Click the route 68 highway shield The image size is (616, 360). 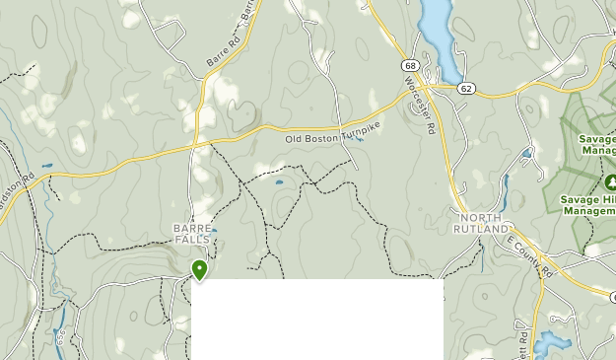tap(408, 66)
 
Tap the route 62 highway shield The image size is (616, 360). tap(466, 88)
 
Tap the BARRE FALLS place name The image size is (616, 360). tap(191, 234)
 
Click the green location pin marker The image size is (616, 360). tap(199, 268)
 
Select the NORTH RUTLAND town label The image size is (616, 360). tap(481, 223)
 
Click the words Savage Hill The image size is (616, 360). tap(588, 198)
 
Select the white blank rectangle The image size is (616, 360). tap(316, 320)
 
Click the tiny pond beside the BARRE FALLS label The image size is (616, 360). tap(214, 231)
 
